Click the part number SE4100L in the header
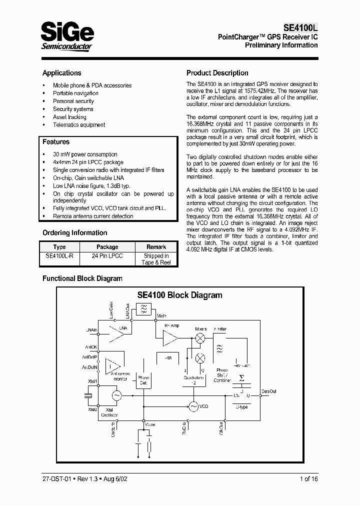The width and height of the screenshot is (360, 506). [297, 28]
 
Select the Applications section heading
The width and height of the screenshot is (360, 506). [61, 73]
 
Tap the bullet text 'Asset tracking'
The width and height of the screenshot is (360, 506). [69, 117]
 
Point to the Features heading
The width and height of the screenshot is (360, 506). [56, 142]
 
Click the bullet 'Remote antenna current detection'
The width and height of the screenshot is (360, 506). [93, 216]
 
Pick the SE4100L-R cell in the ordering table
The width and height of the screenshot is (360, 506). [59, 256]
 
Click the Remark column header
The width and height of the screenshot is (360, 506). [156, 247]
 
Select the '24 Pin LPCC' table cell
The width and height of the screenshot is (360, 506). [107, 256]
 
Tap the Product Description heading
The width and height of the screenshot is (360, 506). [217, 73]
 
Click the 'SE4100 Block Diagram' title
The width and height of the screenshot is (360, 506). [179, 295]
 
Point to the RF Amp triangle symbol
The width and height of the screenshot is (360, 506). [169, 340]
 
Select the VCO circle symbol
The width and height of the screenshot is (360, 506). [193, 407]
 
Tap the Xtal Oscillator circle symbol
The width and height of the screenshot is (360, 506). [116, 396]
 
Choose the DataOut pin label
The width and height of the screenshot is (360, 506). [269, 391]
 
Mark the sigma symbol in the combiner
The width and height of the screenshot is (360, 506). [242, 378]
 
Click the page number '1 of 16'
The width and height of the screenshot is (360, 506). [308, 479]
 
